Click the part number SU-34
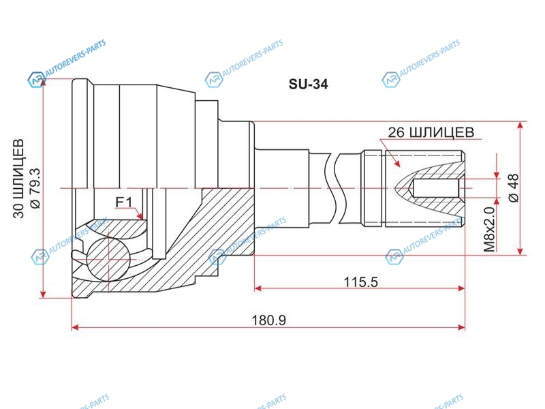click(308, 84)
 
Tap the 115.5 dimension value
click(360, 282)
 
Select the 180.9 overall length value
click(268, 320)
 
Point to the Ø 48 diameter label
click(514, 188)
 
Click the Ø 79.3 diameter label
click(35, 188)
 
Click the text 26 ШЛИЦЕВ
click(431, 132)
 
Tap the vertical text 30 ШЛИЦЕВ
click(19, 179)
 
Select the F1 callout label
click(124, 202)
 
